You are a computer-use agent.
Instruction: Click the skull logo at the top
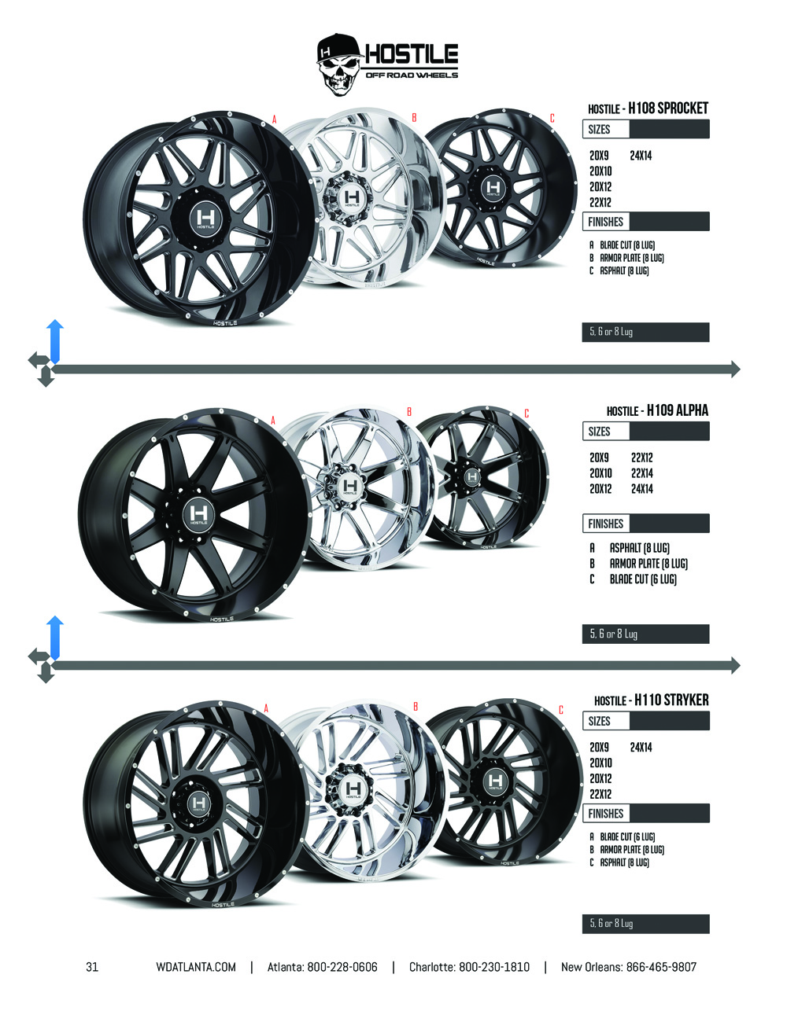click(x=338, y=64)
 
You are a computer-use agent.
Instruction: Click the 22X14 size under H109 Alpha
click(x=642, y=473)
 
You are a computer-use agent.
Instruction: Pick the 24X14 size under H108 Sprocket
click(x=641, y=156)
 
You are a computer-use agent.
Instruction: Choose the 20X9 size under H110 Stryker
click(x=599, y=747)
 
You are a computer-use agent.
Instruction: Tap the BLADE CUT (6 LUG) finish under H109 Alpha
click(x=643, y=579)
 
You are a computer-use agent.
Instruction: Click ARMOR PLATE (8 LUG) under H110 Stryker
click(x=631, y=850)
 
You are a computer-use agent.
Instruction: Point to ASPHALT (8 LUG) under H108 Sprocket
click(x=624, y=271)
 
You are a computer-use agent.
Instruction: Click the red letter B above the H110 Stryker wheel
click(x=415, y=707)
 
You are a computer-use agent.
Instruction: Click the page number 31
click(x=92, y=967)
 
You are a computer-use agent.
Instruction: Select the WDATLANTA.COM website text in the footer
click(x=196, y=967)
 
